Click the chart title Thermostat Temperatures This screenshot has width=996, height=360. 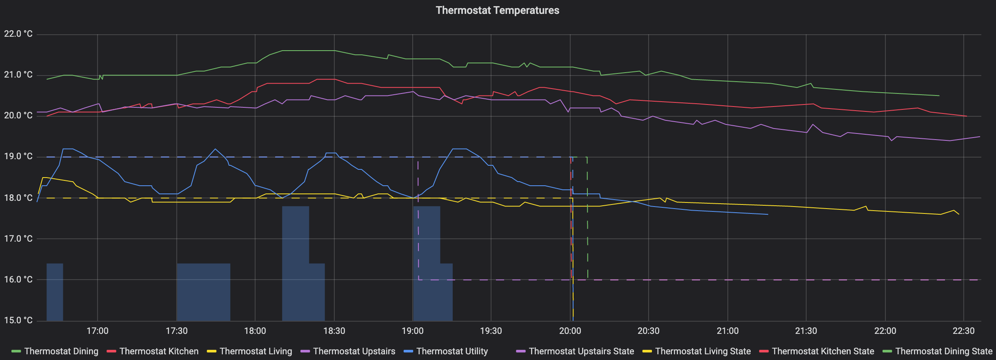[x=497, y=10]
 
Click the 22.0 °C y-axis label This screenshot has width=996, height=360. [x=18, y=34]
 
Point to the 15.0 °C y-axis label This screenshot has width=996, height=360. [x=18, y=320]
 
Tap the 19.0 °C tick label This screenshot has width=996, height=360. [x=18, y=156]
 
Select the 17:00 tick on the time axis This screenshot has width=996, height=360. [x=98, y=331]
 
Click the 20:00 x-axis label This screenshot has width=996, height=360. [x=570, y=331]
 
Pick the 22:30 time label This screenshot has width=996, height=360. [x=963, y=331]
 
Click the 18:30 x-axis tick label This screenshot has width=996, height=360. [x=334, y=331]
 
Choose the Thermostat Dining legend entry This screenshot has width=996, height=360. [x=61, y=351]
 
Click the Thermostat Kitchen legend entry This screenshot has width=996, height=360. [x=159, y=351]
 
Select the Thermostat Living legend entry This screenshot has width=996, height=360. [x=256, y=351]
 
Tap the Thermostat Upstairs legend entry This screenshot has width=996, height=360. [x=354, y=351]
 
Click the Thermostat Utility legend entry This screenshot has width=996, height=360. [x=452, y=351]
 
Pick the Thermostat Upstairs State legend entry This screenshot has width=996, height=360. [x=581, y=351]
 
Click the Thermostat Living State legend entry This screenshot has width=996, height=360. [x=703, y=351]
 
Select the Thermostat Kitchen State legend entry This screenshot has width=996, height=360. [x=823, y=351]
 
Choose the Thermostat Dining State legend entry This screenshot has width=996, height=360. [x=943, y=351]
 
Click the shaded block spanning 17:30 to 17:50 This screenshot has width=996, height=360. [x=203, y=292]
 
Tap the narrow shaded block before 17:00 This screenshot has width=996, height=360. [x=55, y=292]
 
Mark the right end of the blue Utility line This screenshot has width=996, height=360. [x=767, y=214]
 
